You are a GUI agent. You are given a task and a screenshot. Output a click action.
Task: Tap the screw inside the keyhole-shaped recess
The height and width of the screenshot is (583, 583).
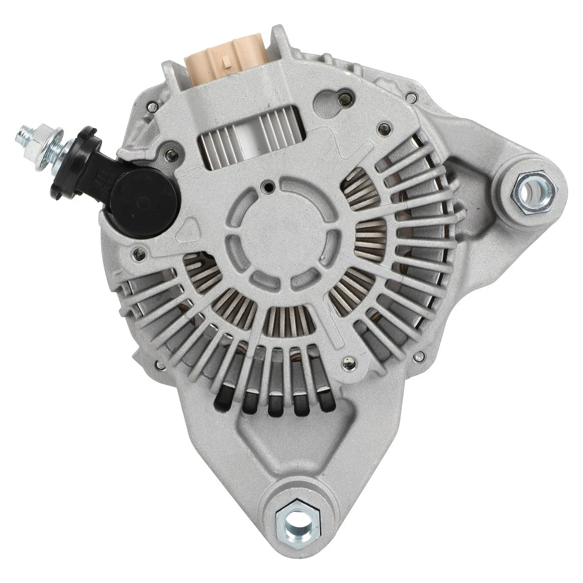click(x=346, y=95)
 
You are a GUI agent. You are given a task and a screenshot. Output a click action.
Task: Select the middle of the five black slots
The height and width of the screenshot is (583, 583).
click(x=274, y=404)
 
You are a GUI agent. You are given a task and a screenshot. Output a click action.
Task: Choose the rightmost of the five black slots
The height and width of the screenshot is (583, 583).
click(x=328, y=401)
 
